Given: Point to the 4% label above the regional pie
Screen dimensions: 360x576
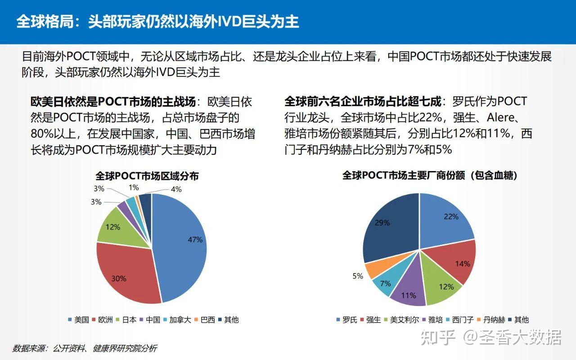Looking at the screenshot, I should (176, 189).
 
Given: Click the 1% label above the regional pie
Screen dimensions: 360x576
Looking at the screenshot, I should (134, 187).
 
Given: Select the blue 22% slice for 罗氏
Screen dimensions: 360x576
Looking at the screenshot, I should (448, 218).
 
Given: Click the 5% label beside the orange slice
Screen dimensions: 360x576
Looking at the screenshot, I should (358, 276).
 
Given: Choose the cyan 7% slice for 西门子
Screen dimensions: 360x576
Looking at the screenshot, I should (385, 282).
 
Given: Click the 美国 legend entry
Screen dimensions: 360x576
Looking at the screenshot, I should (78, 320).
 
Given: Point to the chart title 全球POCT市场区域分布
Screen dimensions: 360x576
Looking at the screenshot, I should (147, 176).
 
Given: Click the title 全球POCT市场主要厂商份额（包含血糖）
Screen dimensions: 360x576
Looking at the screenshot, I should (430, 175).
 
